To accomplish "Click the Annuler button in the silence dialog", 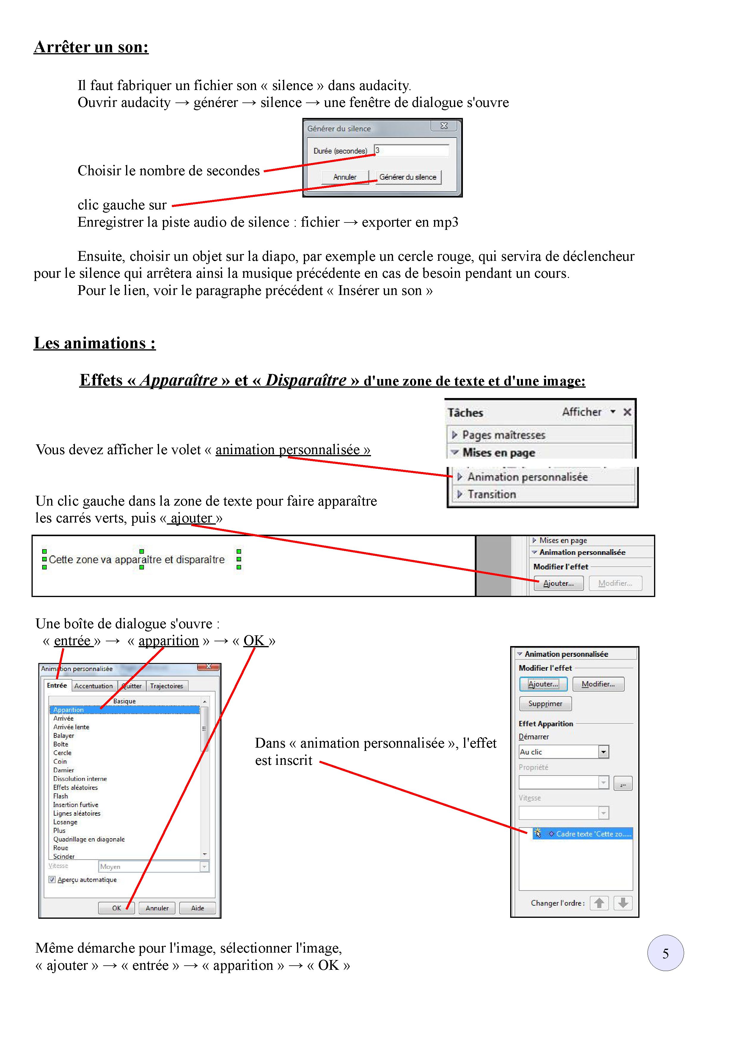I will click(x=344, y=177).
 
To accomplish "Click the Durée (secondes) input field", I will click(x=411, y=150).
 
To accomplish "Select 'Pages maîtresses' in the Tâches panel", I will click(x=503, y=435).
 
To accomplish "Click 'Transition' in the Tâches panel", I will click(x=492, y=494).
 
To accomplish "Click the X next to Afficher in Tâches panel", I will click(x=627, y=412).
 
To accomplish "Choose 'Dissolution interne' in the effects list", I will click(x=80, y=779).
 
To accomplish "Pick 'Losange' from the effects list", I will click(x=65, y=822).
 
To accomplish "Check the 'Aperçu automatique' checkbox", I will click(x=52, y=880).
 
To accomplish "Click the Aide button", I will click(x=197, y=908).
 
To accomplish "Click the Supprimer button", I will click(x=545, y=703).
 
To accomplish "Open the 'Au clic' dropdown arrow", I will click(x=603, y=752).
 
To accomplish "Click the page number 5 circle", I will click(x=665, y=953).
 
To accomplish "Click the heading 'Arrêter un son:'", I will click(x=91, y=47).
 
